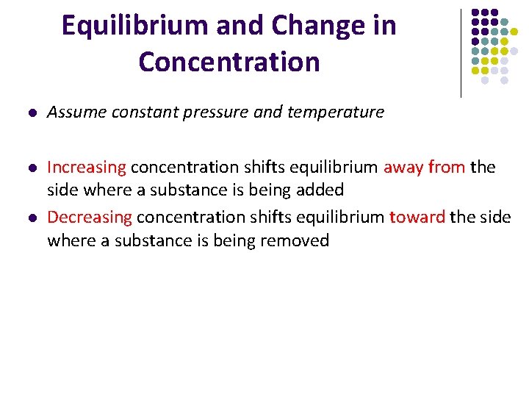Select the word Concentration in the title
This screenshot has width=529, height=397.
pos(229,62)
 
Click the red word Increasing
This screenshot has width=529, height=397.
pos(87,168)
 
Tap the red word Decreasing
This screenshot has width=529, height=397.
pos(90,218)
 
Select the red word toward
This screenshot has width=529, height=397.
pos(417,218)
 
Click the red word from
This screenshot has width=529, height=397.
pos(447,168)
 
